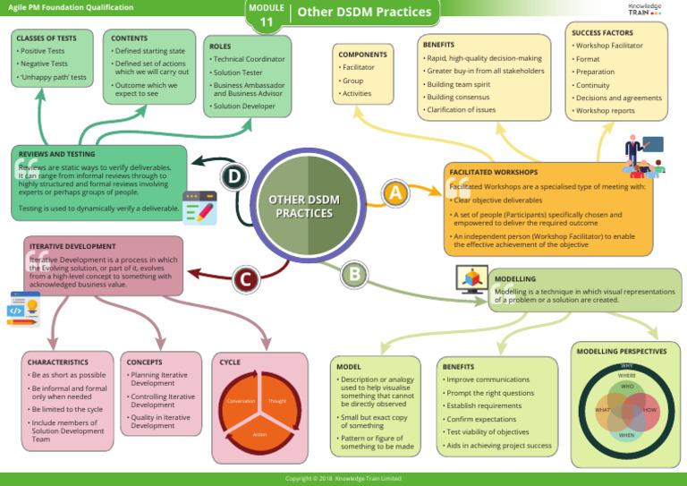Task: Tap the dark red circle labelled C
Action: [x=243, y=279]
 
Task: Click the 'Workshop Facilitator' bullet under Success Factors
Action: [x=609, y=46]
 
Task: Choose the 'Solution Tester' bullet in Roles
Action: [x=241, y=72]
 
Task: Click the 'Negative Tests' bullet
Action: [x=45, y=64]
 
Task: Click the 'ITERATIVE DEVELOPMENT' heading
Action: [x=72, y=246]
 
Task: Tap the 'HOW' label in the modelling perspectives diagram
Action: [x=650, y=410]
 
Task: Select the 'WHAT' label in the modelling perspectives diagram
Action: [x=604, y=410]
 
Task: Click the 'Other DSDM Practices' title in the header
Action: [x=363, y=13]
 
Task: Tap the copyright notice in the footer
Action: [x=343, y=479]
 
